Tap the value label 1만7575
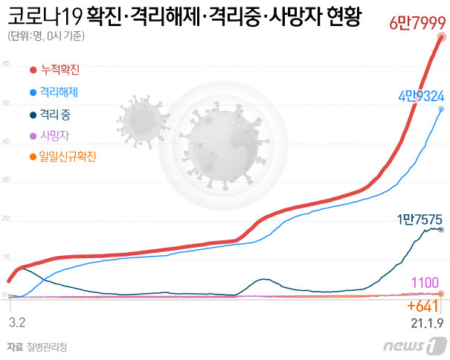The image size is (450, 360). [x=420, y=219]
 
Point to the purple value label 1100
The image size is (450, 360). [x=425, y=283]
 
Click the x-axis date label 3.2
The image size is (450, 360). [x=17, y=323]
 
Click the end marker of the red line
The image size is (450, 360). [x=441, y=36]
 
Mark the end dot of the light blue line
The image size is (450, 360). [x=441, y=109]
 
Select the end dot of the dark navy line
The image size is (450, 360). [x=440, y=230]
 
